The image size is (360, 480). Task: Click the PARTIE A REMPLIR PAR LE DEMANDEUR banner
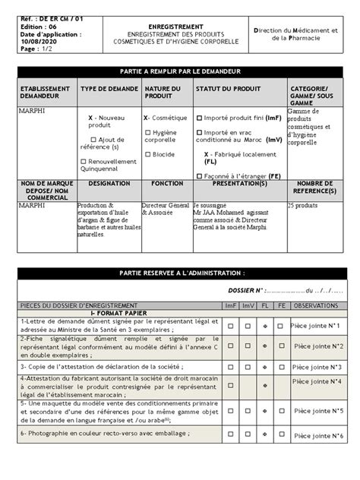click(180, 69)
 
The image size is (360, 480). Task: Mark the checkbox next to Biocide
click(147, 154)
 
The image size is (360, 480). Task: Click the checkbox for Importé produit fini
click(198, 118)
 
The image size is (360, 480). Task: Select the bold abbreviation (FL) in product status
click(210, 162)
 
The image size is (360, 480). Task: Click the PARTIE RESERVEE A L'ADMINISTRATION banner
click(180, 273)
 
